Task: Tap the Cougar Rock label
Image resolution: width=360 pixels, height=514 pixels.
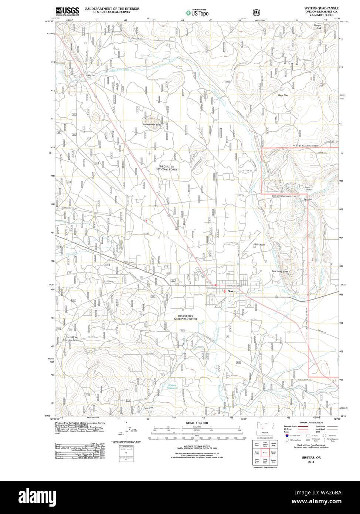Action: (x=317, y=27)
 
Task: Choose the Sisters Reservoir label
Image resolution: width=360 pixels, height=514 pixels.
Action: (x=172, y=386)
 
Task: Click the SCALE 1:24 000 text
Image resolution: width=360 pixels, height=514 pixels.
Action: (x=197, y=423)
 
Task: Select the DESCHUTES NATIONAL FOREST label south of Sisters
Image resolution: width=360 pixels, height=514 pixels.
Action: (x=186, y=318)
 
